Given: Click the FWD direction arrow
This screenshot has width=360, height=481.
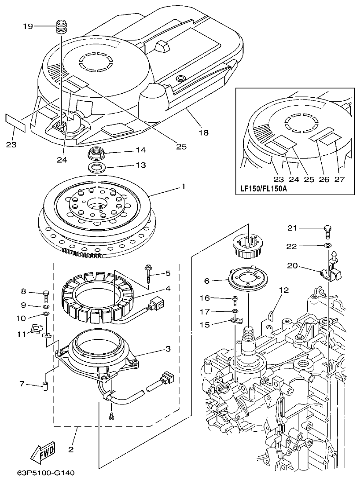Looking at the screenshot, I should click(x=43, y=451).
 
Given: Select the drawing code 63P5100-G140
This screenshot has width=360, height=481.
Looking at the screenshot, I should click(x=46, y=473).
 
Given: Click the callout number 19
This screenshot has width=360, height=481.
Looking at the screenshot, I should click(x=28, y=26).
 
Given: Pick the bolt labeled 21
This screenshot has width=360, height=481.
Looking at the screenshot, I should click(x=328, y=229).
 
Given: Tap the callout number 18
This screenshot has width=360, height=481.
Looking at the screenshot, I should click(x=203, y=132).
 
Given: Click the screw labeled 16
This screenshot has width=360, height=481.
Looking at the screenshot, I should click(x=235, y=300).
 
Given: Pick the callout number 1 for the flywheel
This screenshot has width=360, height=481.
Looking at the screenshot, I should click(x=183, y=187).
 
